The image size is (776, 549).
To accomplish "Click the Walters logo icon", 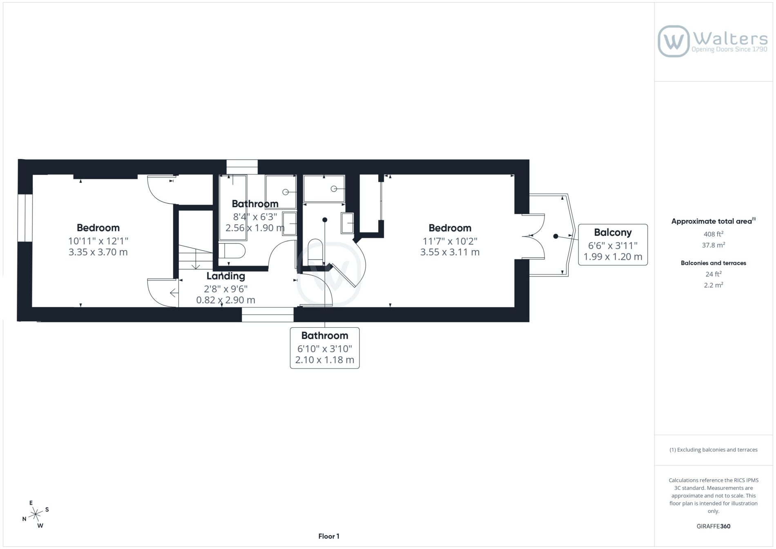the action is tap(673, 41).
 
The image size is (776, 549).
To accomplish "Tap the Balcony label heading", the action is tap(613, 232).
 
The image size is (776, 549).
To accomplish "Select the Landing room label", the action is tap(225, 276).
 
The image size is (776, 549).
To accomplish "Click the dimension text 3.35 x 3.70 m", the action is tap(98, 252).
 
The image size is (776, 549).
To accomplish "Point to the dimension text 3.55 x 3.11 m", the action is tap(450, 252).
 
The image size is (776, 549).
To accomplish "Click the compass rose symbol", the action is tap(36, 514).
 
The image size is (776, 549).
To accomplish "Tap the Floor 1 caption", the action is tap(329, 536).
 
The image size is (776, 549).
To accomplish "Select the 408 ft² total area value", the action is tap(713, 234).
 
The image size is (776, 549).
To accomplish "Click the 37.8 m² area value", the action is tap(713, 245).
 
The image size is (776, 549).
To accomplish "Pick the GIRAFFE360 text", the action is tap(713, 526).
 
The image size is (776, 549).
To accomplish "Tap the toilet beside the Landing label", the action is tap(232, 250).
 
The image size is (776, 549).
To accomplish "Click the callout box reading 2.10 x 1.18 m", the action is tap(325, 348).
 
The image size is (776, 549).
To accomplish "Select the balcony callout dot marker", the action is tap(555, 236).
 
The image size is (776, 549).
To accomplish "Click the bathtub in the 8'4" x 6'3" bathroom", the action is tap(233, 208).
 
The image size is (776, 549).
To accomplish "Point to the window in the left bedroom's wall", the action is tap(25, 218).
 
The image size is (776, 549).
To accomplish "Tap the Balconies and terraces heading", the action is tap(713, 263).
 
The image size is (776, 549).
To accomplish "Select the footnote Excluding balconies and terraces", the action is tap(713, 450).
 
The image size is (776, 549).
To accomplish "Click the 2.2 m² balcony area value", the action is tap(713, 285).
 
